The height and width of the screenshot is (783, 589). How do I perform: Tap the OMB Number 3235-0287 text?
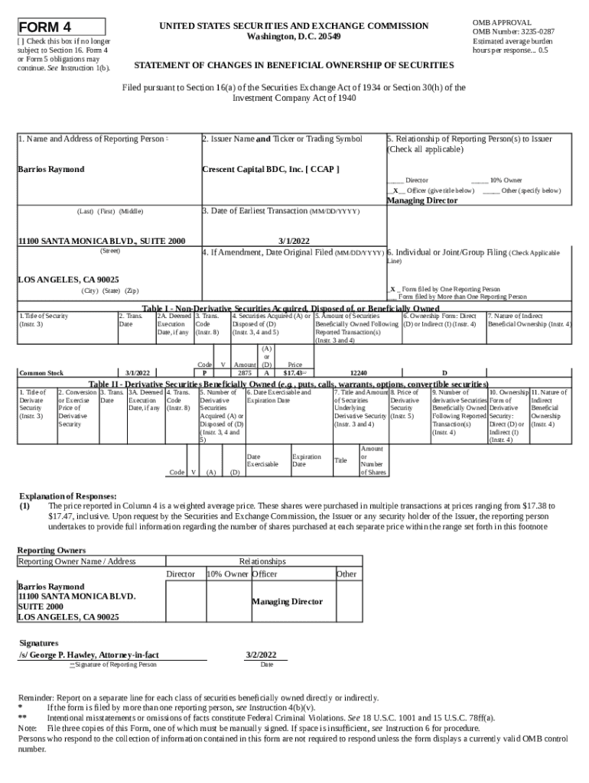click(513, 31)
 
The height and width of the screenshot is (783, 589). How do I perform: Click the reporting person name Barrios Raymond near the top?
click(51, 169)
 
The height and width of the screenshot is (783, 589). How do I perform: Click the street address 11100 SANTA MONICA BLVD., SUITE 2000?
click(101, 241)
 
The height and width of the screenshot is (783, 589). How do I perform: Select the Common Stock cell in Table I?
click(41, 373)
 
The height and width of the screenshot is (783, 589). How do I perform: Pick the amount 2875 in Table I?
click(244, 373)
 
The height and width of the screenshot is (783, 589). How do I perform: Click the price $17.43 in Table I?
click(294, 373)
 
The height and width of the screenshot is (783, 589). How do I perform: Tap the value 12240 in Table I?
click(358, 373)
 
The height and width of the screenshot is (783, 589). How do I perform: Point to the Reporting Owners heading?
click(51, 550)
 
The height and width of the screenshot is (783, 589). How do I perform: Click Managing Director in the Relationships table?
click(287, 601)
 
